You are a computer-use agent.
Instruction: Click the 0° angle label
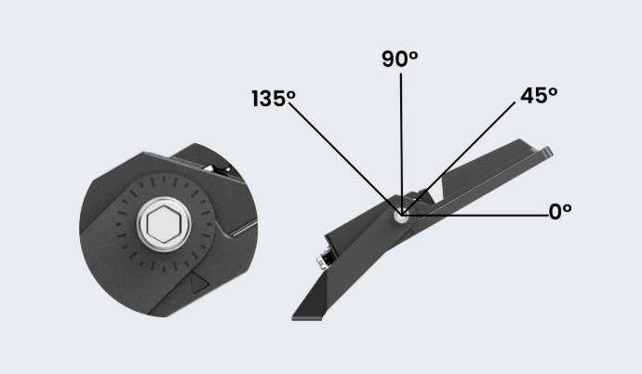[560, 212]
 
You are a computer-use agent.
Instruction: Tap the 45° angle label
[539, 96]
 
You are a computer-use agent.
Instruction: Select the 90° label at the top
[399, 59]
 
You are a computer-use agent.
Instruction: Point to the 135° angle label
[274, 99]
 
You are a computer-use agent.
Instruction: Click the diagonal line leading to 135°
[345, 159]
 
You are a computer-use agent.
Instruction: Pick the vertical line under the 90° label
[401, 144]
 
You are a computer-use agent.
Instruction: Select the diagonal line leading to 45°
[459, 158]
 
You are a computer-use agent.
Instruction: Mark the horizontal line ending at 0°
[475, 215]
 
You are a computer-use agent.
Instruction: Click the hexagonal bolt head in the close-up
[164, 224]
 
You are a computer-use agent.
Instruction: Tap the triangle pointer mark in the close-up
[199, 283]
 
